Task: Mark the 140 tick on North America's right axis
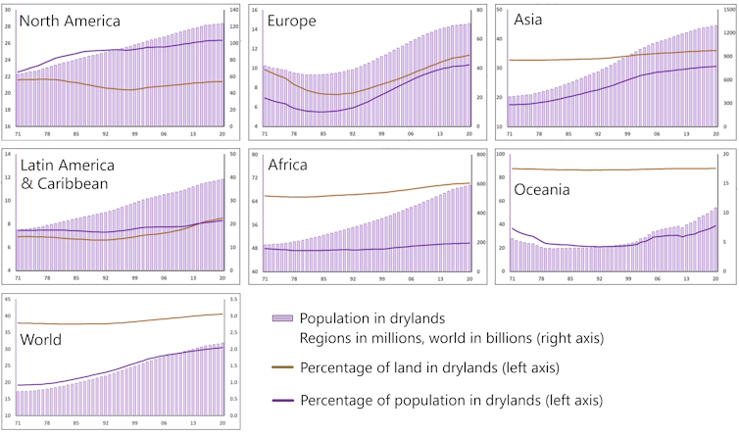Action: click(235, 10)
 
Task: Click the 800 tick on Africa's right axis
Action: click(480, 155)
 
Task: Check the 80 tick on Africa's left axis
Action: click(255, 155)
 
